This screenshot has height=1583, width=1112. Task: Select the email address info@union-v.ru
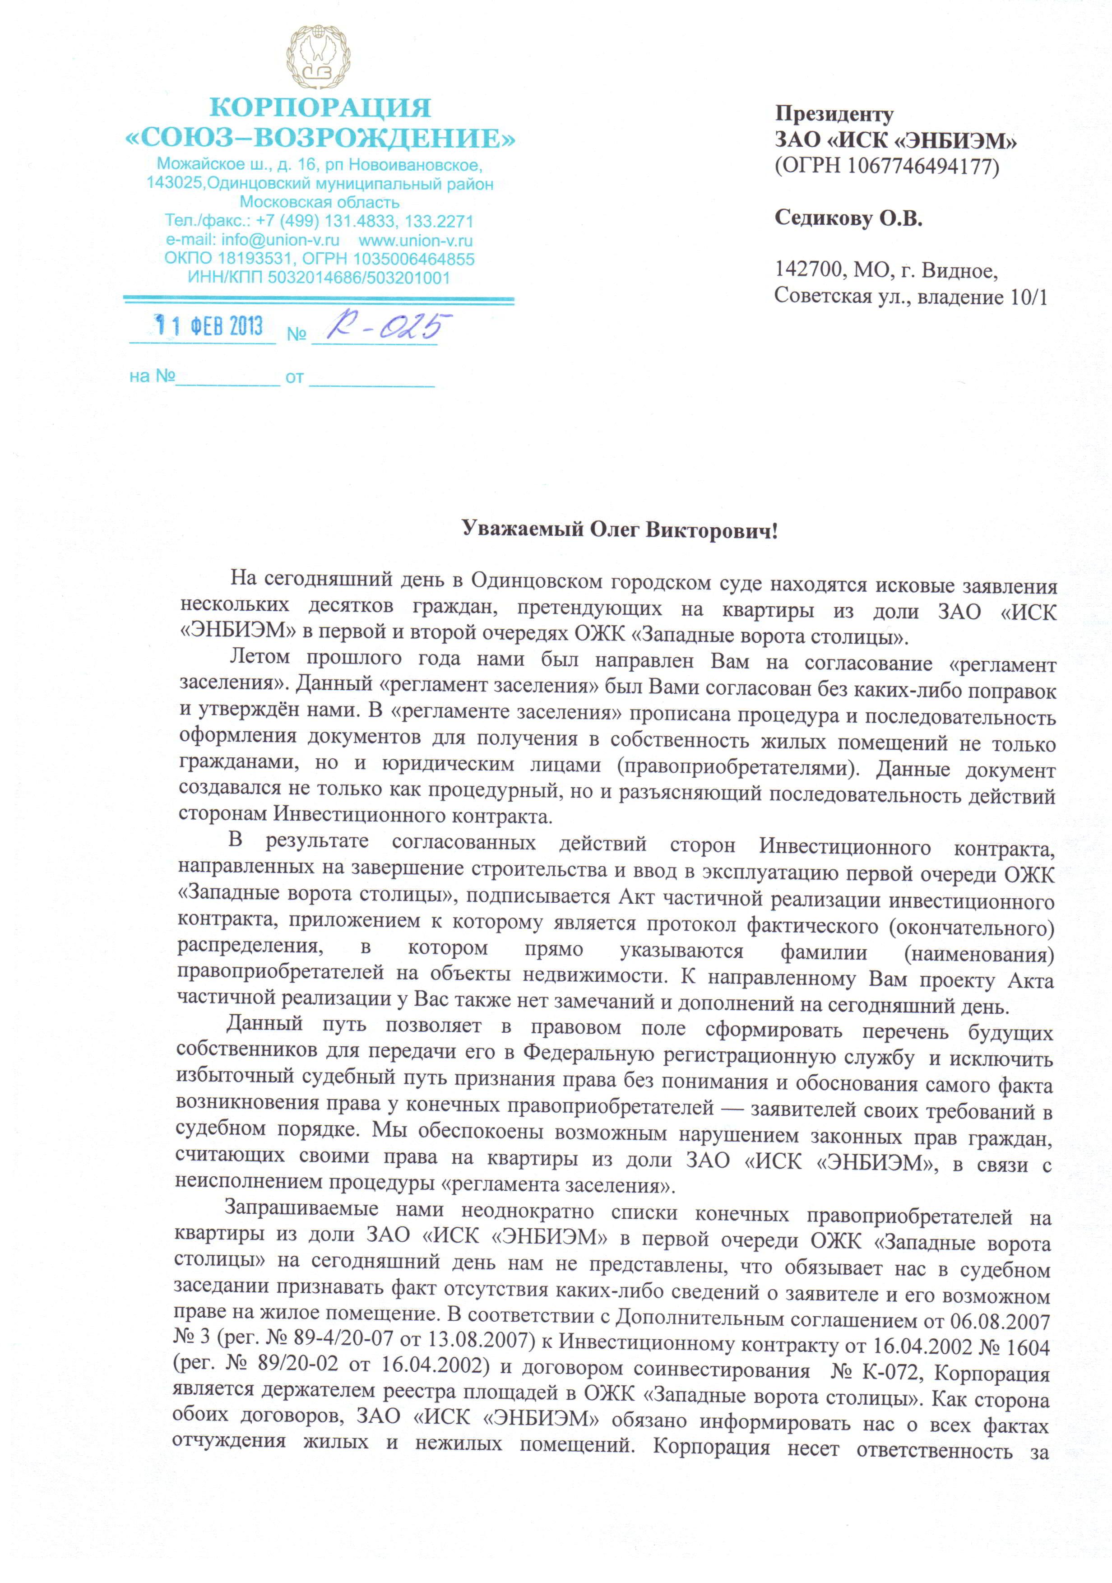(x=280, y=241)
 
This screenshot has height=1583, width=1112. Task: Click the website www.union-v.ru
(x=415, y=241)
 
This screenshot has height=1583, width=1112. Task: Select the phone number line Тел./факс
(x=319, y=221)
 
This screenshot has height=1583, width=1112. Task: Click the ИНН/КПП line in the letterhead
(x=319, y=278)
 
